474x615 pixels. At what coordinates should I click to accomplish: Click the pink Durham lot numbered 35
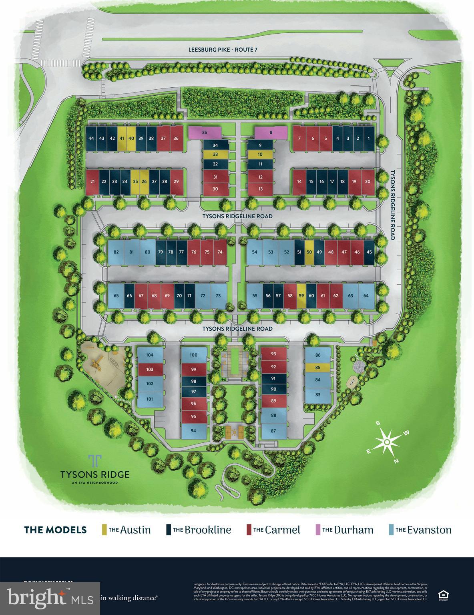205,132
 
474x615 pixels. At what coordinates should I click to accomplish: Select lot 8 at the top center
271,132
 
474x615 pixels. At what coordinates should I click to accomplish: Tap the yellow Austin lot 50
309,252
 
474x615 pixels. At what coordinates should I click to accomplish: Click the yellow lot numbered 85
318,367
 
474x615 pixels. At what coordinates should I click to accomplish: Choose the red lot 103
150,369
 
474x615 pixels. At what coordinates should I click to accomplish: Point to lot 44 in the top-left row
91,138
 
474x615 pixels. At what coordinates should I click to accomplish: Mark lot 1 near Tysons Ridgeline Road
369,138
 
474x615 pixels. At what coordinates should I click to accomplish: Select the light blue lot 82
116,252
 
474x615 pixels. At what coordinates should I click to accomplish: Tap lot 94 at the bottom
194,431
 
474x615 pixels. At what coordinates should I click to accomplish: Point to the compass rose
387,441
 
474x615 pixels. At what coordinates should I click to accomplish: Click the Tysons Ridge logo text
95,474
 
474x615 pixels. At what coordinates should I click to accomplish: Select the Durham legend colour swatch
317,530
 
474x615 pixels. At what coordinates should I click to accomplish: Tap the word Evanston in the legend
429,530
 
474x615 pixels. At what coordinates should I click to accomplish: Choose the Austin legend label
135,530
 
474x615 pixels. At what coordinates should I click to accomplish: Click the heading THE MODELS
55,530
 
